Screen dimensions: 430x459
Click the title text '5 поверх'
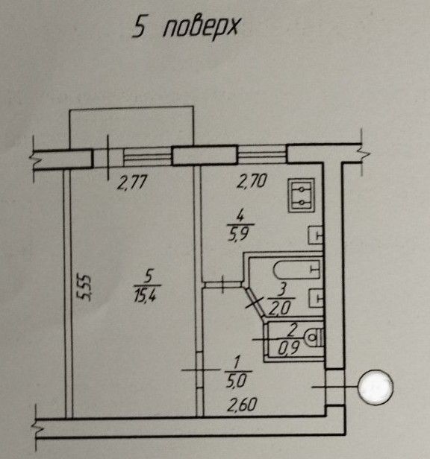[186, 28]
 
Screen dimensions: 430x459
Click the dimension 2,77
[131, 183]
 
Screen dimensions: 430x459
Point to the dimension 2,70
[252, 180]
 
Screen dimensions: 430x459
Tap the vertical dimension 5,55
[84, 287]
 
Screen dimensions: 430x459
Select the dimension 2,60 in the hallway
[242, 405]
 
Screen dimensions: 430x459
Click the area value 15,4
[146, 294]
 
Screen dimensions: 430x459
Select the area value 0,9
[289, 348]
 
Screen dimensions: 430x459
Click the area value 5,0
[236, 381]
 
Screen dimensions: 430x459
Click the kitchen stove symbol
[302, 195]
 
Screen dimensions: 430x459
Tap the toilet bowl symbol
[314, 338]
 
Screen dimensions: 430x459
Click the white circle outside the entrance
[376, 387]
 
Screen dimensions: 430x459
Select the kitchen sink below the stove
[316, 235]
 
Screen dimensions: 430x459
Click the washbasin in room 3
[317, 298]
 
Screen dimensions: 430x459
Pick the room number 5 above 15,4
[149, 276]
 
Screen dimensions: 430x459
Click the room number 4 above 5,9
[240, 216]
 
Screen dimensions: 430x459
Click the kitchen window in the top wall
[262, 153]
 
